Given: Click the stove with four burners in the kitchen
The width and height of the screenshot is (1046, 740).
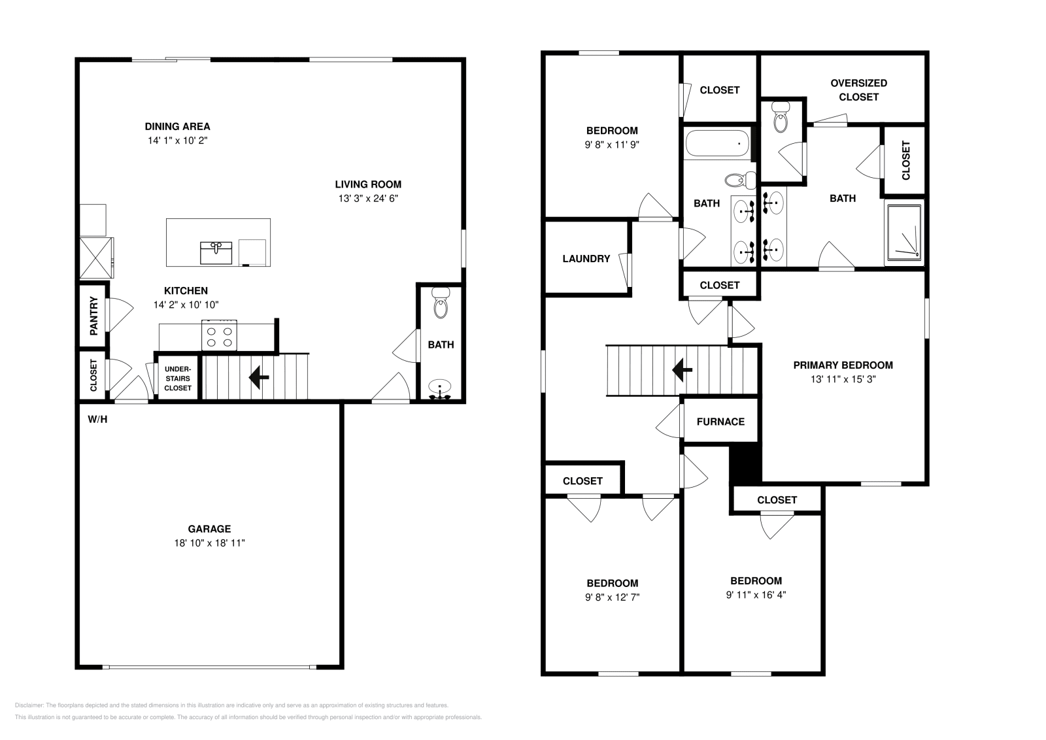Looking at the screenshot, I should tap(219, 336).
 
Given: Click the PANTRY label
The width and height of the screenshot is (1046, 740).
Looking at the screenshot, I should tap(93, 316).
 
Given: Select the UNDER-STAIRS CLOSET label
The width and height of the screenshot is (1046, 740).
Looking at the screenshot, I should tap(178, 378).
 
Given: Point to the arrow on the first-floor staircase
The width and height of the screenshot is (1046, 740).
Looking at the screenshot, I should tap(259, 377).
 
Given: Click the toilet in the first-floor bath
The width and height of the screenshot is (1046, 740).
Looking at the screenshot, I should tap(441, 304).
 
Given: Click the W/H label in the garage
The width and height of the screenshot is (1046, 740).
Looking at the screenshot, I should tap(97, 419).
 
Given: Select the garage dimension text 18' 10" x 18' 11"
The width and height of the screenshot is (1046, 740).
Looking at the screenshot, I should tap(209, 543).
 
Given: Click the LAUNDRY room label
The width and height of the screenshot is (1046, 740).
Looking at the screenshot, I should tap(586, 259).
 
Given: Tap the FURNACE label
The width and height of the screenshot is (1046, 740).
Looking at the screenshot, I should tap(720, 422).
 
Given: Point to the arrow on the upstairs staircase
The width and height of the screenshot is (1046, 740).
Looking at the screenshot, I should tap(683, 370).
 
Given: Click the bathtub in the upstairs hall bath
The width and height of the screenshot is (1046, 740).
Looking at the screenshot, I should tap(717, 143).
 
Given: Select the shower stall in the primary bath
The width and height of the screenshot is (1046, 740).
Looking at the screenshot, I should tap(904, 233).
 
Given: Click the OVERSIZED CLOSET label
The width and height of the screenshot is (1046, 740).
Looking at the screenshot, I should tap(858, 90).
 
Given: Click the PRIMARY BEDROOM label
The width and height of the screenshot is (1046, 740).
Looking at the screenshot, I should tap(843, 365).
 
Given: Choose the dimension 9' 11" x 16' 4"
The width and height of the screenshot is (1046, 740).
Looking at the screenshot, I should tap(756, 595).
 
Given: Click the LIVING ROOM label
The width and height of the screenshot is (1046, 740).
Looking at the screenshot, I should tap(368, 184).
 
